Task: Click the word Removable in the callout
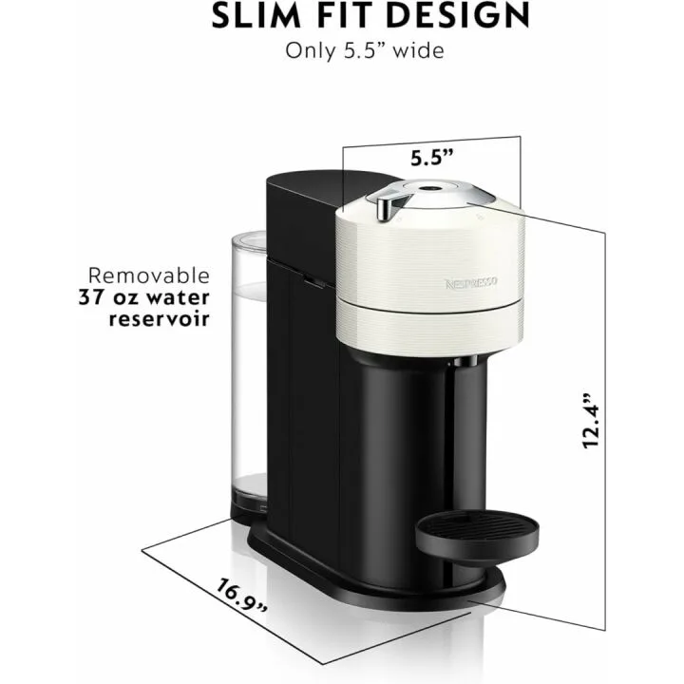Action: [149, 275]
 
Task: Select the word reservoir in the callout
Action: [158, 317]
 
